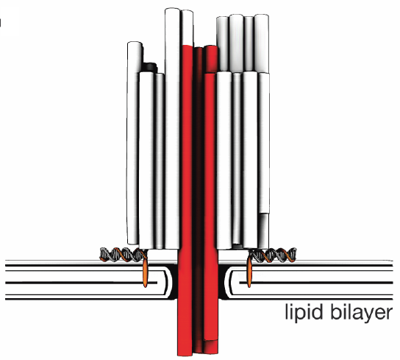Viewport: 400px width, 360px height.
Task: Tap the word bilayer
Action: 362,312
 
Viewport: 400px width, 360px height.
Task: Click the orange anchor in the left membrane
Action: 145,272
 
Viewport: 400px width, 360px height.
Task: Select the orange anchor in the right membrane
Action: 249,272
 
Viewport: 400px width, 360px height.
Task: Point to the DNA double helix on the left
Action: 124,255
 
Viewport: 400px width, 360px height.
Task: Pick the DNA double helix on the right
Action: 273,255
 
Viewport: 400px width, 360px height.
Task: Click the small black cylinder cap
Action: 149,67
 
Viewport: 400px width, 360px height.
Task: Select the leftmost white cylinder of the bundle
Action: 133,143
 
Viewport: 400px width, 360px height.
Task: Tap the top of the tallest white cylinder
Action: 172,10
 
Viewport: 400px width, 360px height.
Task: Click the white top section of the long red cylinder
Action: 187,27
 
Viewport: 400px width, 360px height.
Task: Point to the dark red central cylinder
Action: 199,200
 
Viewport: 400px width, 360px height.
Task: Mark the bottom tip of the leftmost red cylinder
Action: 185,355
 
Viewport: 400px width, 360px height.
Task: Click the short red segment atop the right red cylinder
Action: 211,60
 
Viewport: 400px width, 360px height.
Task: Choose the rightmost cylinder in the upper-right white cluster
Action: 262,43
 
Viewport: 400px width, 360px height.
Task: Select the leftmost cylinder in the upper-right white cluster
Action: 223,44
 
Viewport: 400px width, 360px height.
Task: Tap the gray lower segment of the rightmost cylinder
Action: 264,230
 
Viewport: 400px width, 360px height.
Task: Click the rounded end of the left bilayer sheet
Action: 167,283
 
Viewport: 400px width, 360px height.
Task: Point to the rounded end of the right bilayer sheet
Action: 229,283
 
